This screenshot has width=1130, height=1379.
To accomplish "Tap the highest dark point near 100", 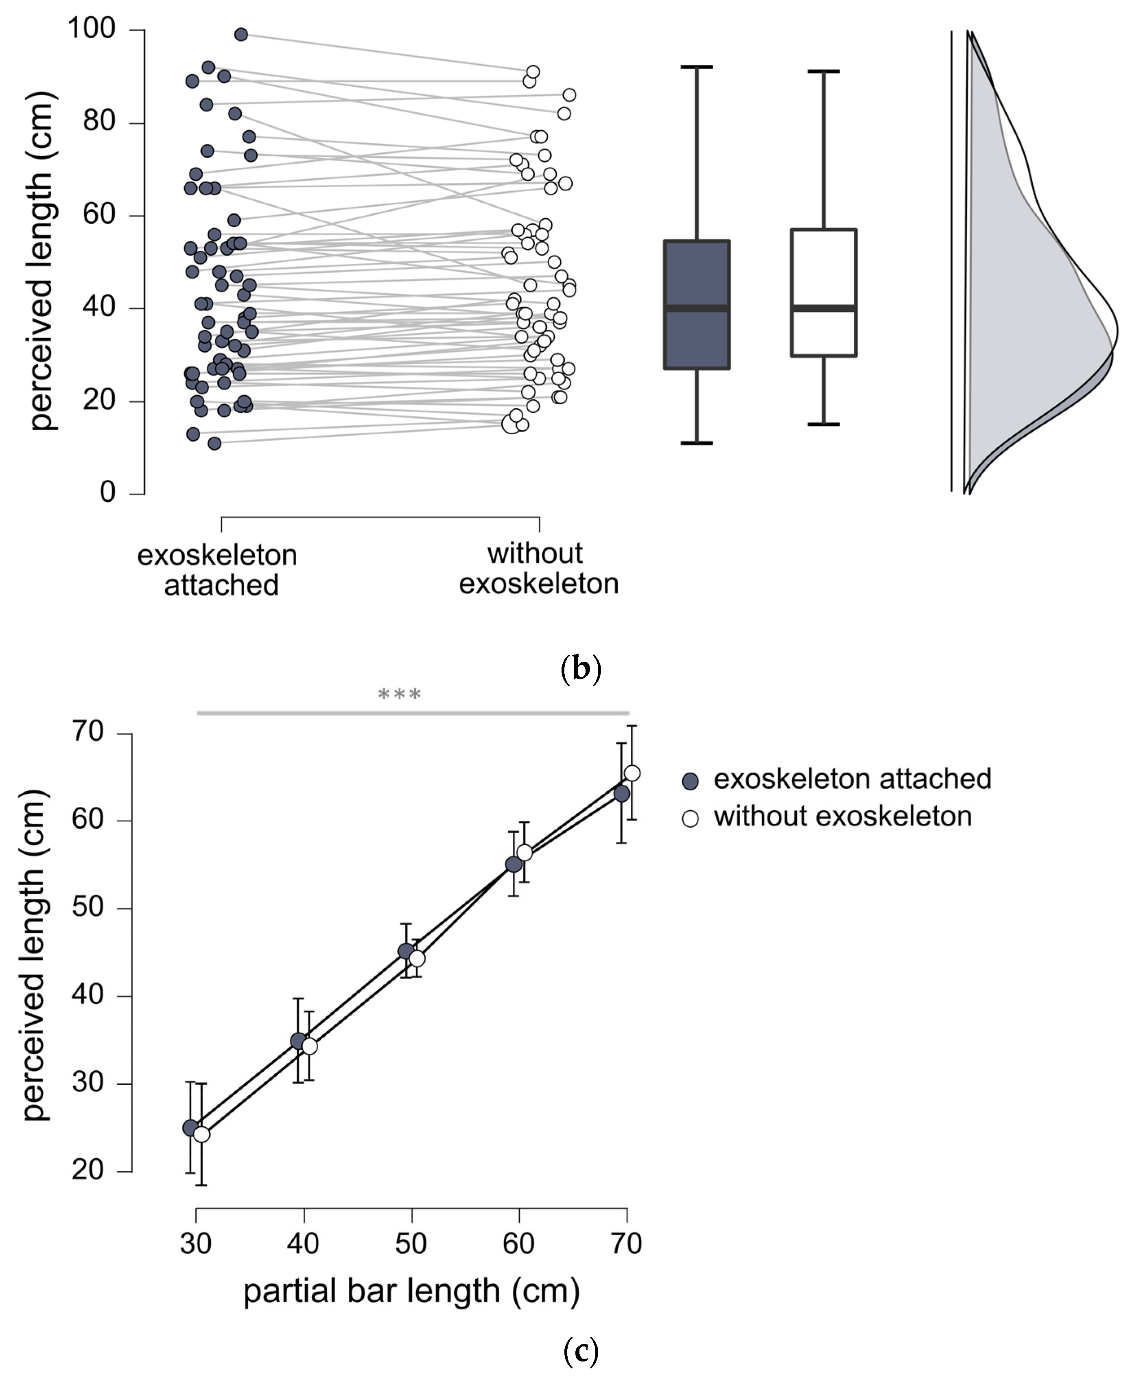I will [x=241, y=35].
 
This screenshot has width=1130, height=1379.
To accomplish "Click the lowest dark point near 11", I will [x=214, y=443].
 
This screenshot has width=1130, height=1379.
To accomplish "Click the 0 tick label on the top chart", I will [x=107, y=493].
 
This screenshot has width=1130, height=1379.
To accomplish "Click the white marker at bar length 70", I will [x=632, y=773].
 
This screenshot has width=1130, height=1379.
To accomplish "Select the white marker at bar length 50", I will [x=417, y=959].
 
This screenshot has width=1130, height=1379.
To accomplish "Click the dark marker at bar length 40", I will [x=298, y=1041].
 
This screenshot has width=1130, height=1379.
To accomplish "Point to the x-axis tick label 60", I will [x=519, y=1244].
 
